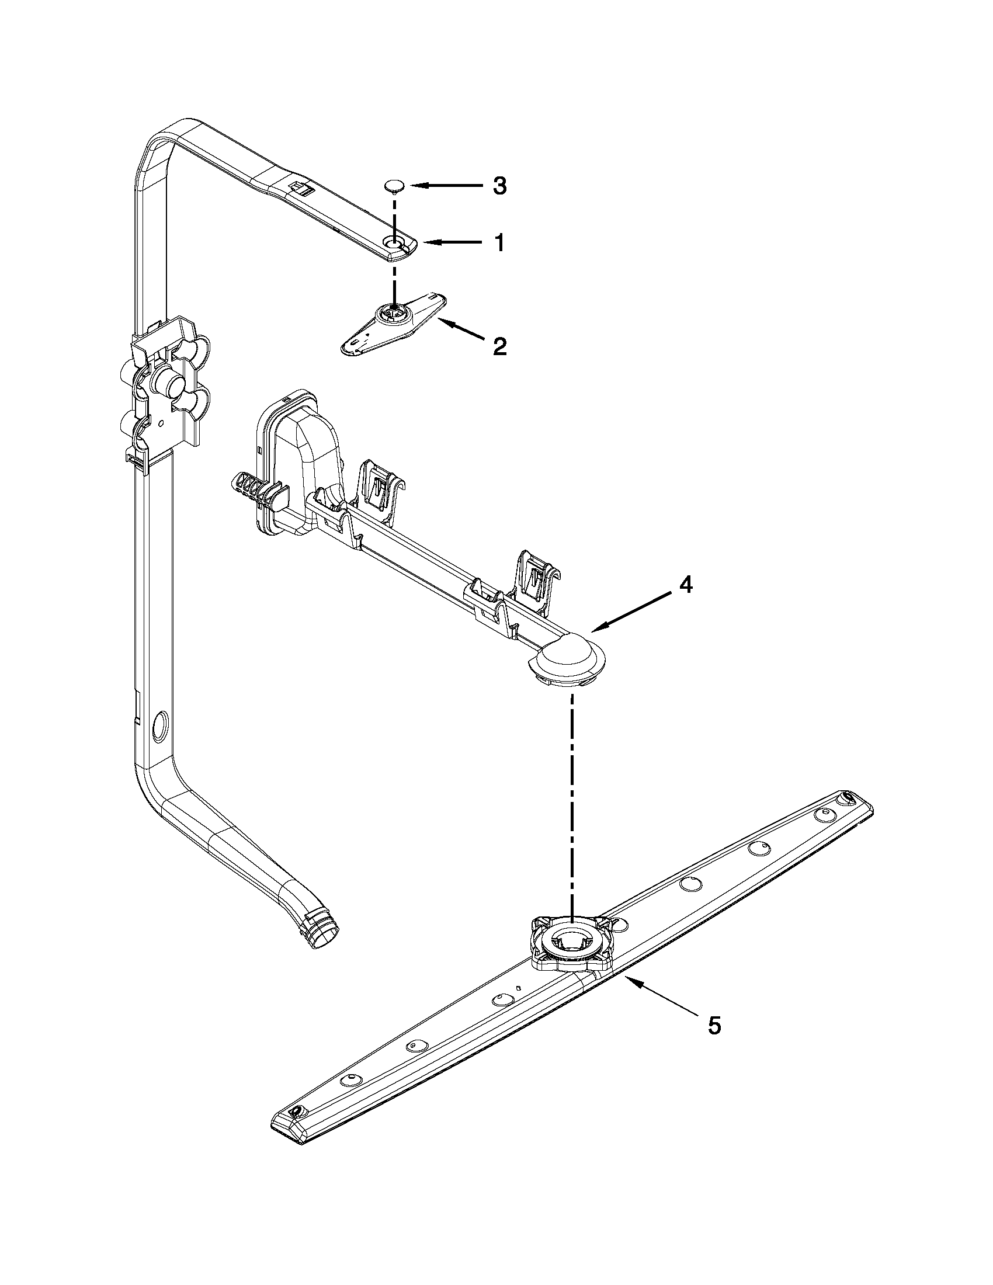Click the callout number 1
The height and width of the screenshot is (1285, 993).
498,242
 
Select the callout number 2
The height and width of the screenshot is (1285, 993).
498,346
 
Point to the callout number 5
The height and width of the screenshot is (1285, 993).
713,1026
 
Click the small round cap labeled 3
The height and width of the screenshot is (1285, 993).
394,186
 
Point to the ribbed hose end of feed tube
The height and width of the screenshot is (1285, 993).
322,929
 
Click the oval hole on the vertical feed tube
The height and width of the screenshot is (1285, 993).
159,725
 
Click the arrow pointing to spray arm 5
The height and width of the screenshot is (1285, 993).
659,996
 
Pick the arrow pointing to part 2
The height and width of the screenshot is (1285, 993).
462,328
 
